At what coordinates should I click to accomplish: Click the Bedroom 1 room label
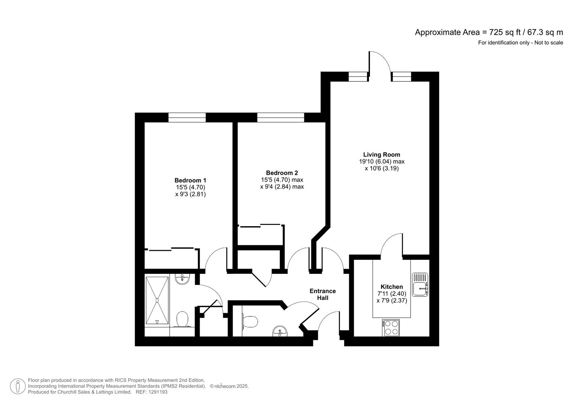[x=190, y=180]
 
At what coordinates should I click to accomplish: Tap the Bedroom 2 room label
[x=282, y=173]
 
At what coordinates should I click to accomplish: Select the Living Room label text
[x=382, y=154]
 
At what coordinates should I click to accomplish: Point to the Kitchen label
[x=392, y=287]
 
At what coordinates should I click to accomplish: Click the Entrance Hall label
[x=322, y=294]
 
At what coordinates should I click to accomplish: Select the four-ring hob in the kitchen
[x=391, y=327]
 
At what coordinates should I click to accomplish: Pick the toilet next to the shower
[x=183, y=319]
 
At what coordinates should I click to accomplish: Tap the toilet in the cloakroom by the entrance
[x=250, y=321]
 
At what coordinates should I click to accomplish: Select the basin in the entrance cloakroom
[x=280, y=331]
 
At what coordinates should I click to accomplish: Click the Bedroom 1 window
[x=187, y=117]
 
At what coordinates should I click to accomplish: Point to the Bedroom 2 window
[x=280, y=117]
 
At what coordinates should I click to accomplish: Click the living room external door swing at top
[x=380, y=62]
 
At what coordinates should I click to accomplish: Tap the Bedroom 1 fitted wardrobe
[x=172, y=258]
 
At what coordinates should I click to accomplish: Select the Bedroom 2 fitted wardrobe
[x=260, y=235]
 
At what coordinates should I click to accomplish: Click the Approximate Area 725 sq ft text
[x=489, y=32]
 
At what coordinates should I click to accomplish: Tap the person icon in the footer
[x=18, y=386]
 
